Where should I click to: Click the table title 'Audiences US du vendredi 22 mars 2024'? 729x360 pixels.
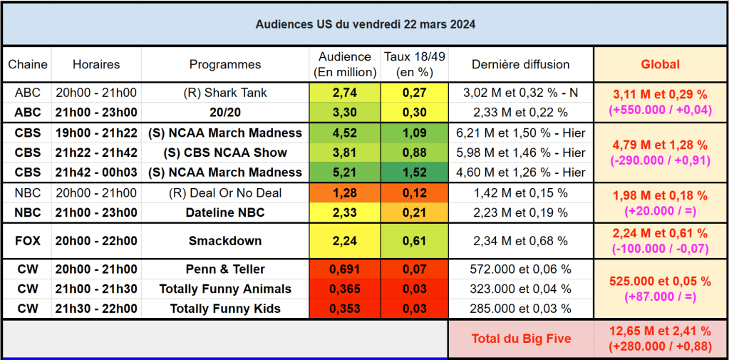coord(365,24)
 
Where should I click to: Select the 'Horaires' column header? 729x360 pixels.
coord(96,64)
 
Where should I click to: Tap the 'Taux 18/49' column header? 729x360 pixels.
coord(414,64)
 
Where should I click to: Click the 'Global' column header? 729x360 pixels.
coord(660,64)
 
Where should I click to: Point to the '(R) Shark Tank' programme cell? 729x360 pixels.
coord(225,93)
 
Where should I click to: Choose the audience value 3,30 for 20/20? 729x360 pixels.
coord(345,112)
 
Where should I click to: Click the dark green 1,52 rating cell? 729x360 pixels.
coord(414,172)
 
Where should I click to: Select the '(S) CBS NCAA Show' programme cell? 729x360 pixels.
coord(225,152)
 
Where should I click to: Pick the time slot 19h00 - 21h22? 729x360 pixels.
coord(96,133)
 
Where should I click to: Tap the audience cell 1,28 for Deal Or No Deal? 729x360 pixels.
coord(345,192)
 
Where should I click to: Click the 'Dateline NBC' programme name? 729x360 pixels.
coord(225,212)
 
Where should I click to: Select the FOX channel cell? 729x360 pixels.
coord(27,241)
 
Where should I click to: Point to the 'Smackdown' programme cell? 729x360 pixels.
coord(225,241)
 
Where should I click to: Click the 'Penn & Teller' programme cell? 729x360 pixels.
coord(225,269)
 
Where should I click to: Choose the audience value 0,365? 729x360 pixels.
coord(345,289)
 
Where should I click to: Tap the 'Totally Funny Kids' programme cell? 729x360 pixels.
coord(225,309)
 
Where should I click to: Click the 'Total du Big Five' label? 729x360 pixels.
coord(521,339)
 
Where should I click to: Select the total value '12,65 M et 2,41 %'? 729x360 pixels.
coord(660,331)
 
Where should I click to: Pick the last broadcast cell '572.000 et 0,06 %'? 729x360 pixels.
coord(521,269)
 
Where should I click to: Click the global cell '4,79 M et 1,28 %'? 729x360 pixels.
coord(660,145)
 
